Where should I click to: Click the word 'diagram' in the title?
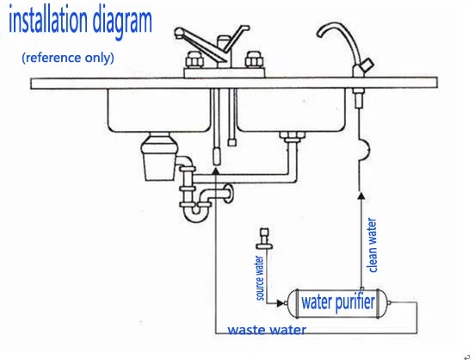coord(120,22)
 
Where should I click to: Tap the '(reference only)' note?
coord(67,59)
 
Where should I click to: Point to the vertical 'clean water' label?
coord(373,245)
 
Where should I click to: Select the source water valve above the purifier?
coord(264,240)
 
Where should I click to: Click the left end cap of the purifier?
coord(293,303)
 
